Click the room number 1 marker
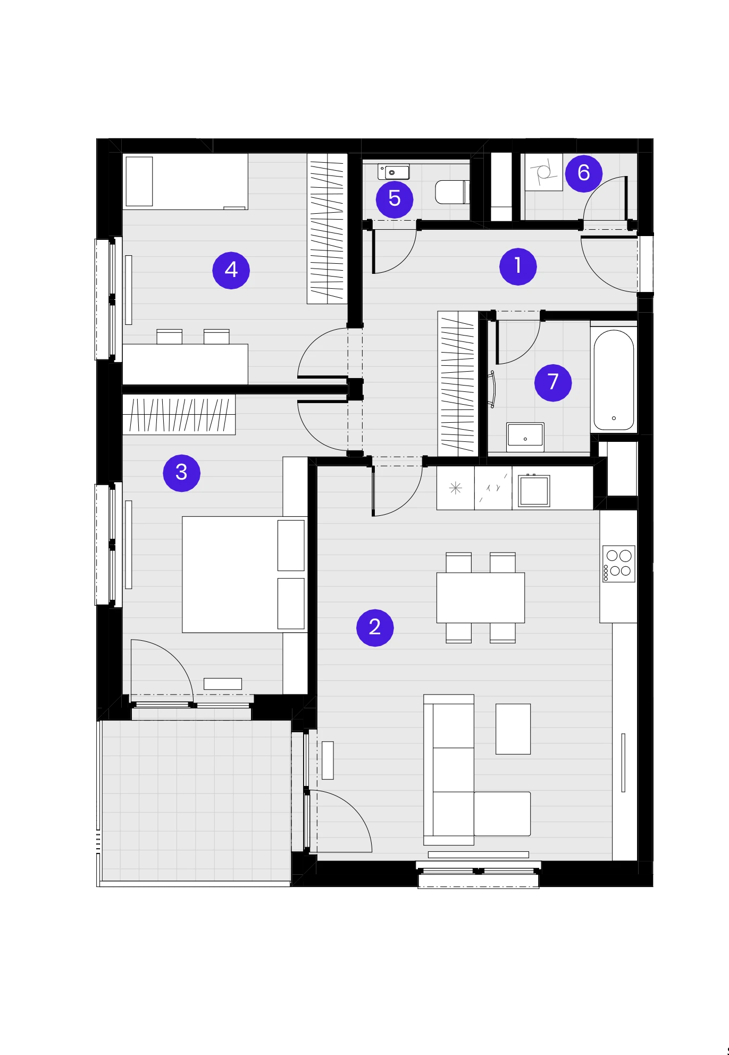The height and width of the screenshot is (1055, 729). tap(518, 266)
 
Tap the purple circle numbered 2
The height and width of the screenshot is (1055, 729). tap(375, 627)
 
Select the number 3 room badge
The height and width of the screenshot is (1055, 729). tap(181, 473)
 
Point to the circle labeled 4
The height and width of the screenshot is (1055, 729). tap(231, 270)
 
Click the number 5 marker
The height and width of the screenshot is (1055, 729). tap(395, 199)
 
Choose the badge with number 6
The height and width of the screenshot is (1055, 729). tap(583, 173)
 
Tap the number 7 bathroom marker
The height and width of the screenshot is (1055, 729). tap(553, 382)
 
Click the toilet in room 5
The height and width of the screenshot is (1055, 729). tap(452, 192)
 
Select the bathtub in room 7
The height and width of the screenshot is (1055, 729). tap(614, 380)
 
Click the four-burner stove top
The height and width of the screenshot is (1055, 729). tap(618, 564)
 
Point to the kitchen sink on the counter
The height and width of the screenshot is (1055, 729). tap(534, 490)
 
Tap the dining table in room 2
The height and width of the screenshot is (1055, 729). tap(481, 598)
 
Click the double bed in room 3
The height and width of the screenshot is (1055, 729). tap(245, 574)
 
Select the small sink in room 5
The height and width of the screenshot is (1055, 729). tap(393, 172)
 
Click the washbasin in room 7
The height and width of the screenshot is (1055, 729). tap(525, 437)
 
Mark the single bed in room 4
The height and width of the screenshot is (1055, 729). tap(185, 181)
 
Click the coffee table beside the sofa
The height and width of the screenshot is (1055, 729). tap(513, 729)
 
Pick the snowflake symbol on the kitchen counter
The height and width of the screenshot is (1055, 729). tap(455, 488)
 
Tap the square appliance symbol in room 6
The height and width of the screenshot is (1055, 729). tap(543, 172)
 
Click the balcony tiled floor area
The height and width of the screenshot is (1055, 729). tap(196, 800)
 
